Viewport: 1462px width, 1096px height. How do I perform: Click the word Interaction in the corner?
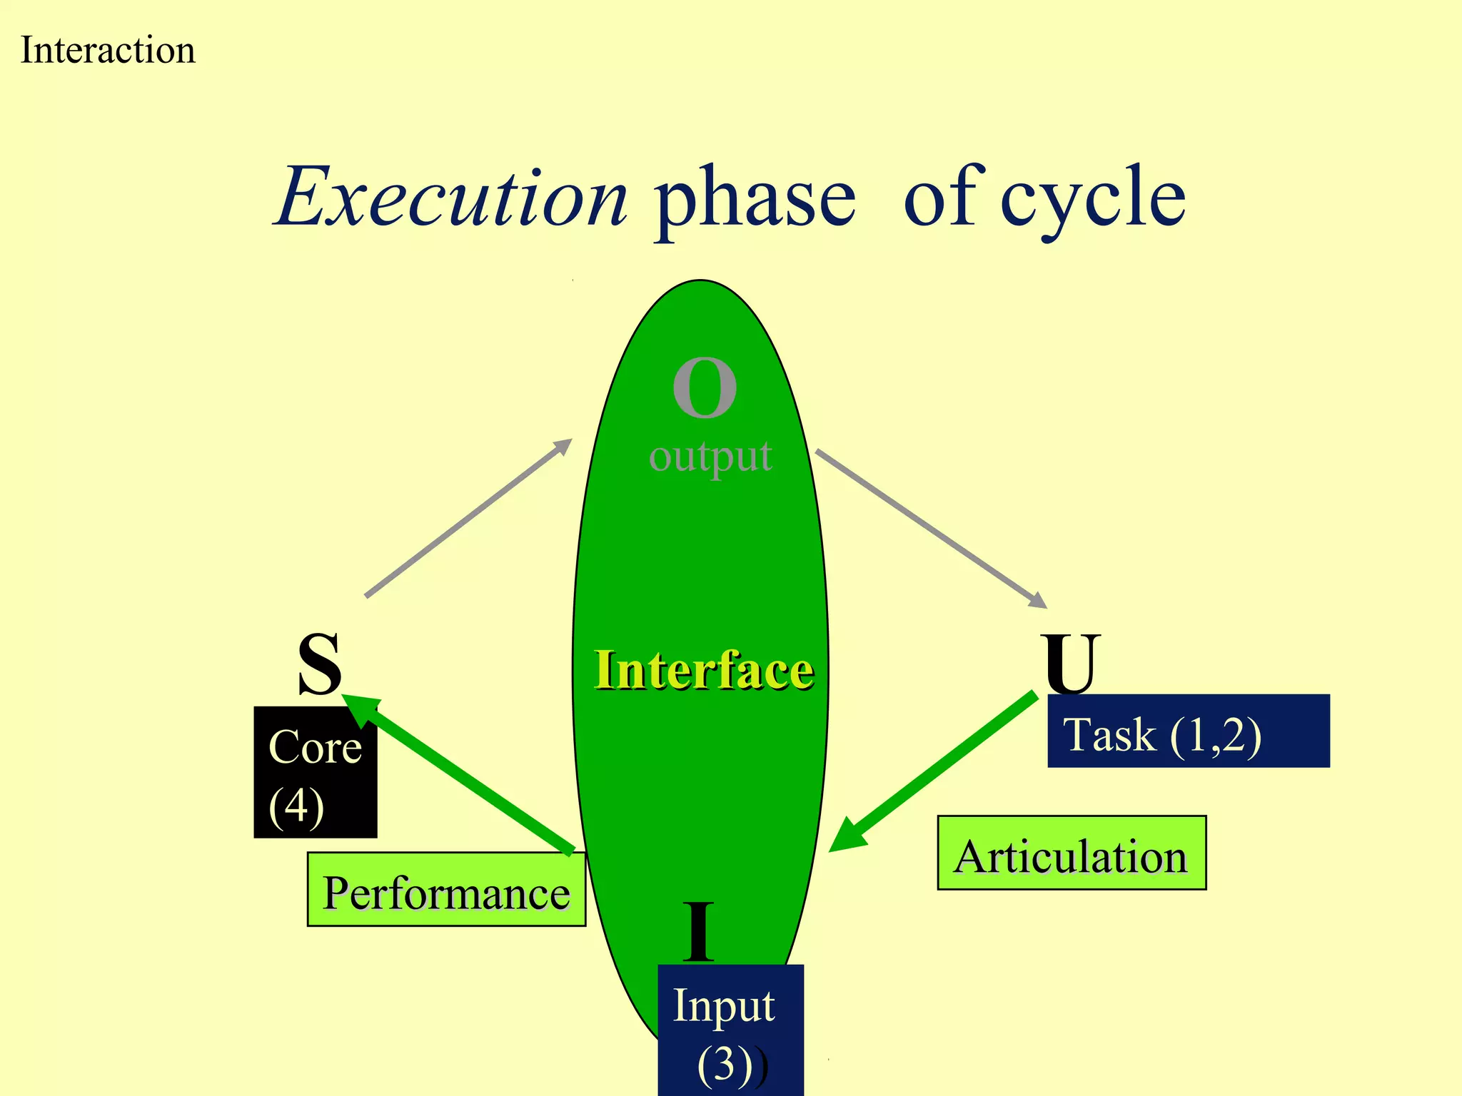(x=108, y=51)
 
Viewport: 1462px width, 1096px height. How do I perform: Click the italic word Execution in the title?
(x=452, y=197)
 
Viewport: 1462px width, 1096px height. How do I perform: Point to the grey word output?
(x=710, y=457)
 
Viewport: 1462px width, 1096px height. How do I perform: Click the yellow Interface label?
(x=703, y=670)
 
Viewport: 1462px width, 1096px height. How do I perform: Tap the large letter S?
(x=319, y=664)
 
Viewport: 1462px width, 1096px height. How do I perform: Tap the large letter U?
(x=1069, y=664)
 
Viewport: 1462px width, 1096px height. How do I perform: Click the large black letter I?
(x=697, y=932)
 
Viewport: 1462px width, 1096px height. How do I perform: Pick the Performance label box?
(x=446, y=890)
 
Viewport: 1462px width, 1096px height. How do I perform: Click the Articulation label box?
(x=1071, y=853)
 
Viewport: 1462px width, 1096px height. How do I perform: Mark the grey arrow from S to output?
(x=469, y=517)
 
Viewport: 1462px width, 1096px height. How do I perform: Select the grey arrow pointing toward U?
(x=932, y=529)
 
